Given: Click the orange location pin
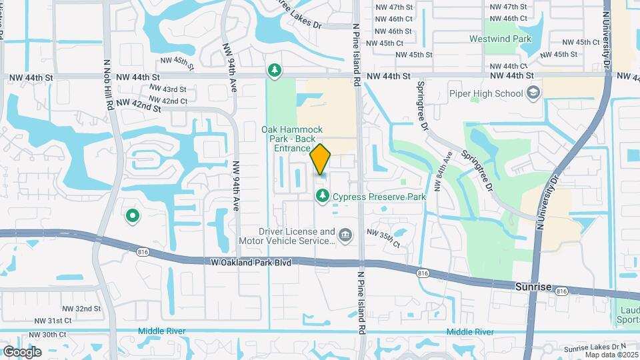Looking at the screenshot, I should pyautogui.click(x=321, y=159).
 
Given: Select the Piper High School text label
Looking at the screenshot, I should pyautogui.click(x=495, y=93).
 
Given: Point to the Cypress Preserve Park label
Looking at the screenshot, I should pyautogui.click(x=379, y=197).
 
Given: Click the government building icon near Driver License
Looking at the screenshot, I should pyautogui.click(x=345, y=235).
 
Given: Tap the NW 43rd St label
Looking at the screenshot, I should pyautogui.click(x=168, y=89).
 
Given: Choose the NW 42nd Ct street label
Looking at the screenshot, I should pyautogui.click(x=169, y=101).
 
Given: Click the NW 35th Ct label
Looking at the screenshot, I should pyautogui.click(x=383, y=238).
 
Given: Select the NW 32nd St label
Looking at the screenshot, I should pyautogui.click(x=82, y=309).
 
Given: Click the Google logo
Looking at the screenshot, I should pyautogui.click(x=23, y=351).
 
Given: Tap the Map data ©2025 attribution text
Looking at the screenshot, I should pyautogui.click(x=611, y=354).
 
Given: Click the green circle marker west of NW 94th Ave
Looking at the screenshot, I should pyautogui.click(x=132, y=215).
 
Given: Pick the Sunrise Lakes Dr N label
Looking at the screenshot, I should pyautogui.click(x=596, y=347).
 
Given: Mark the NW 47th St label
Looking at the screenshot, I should pyautogui.click(x=508, y=6).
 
